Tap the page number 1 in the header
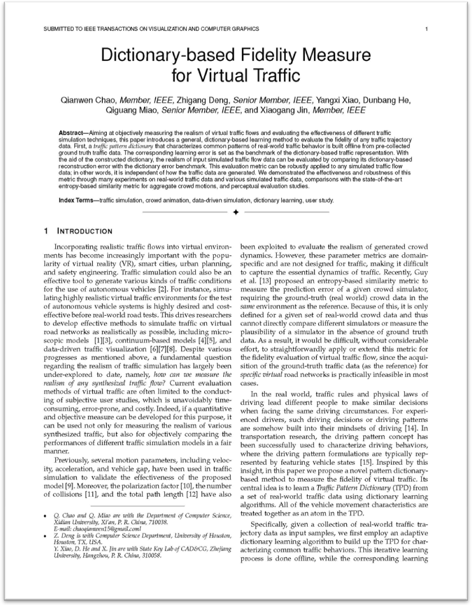click(x=427, y=29)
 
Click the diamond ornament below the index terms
click(x=236, y=212)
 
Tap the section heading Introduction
click(x=85, y=231)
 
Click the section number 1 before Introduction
click(x=46, y=231)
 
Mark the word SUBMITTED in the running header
click(x=60, y=29)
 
